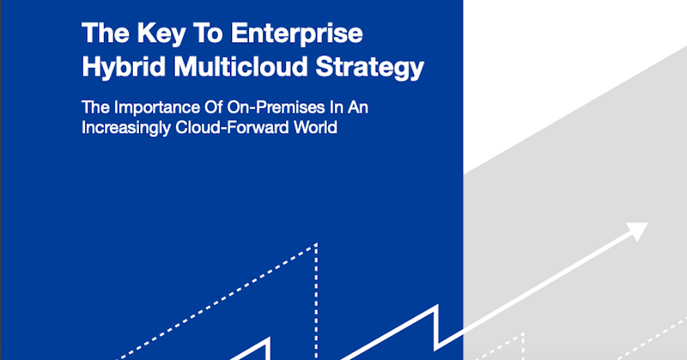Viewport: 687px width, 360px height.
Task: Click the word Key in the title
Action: pyautogui.click(x=161, y=34)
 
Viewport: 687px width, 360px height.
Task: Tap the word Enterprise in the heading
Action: pyautogui.click(x=297, y=34)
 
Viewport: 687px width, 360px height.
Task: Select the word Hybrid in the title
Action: pyautogui.click(x=124, y=68)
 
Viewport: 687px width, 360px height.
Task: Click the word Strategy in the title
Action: pyautogui.click(x=370, y=68)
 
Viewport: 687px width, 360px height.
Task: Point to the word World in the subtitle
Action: pyautogui.click(x=315, y=128)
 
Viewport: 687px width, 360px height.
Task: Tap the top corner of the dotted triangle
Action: pyautogui.click(x=316, y=244)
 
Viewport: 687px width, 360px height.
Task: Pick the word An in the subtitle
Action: pyautogui.click(x=358, y=107)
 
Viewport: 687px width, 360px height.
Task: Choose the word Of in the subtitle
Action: pyautogui.click(x=212, y=107)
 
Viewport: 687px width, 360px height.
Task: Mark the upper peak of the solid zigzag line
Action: pyautogui.click(x=437, y=306)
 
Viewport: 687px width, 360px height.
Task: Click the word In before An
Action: pyautogui.click(x=336, y=107)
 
